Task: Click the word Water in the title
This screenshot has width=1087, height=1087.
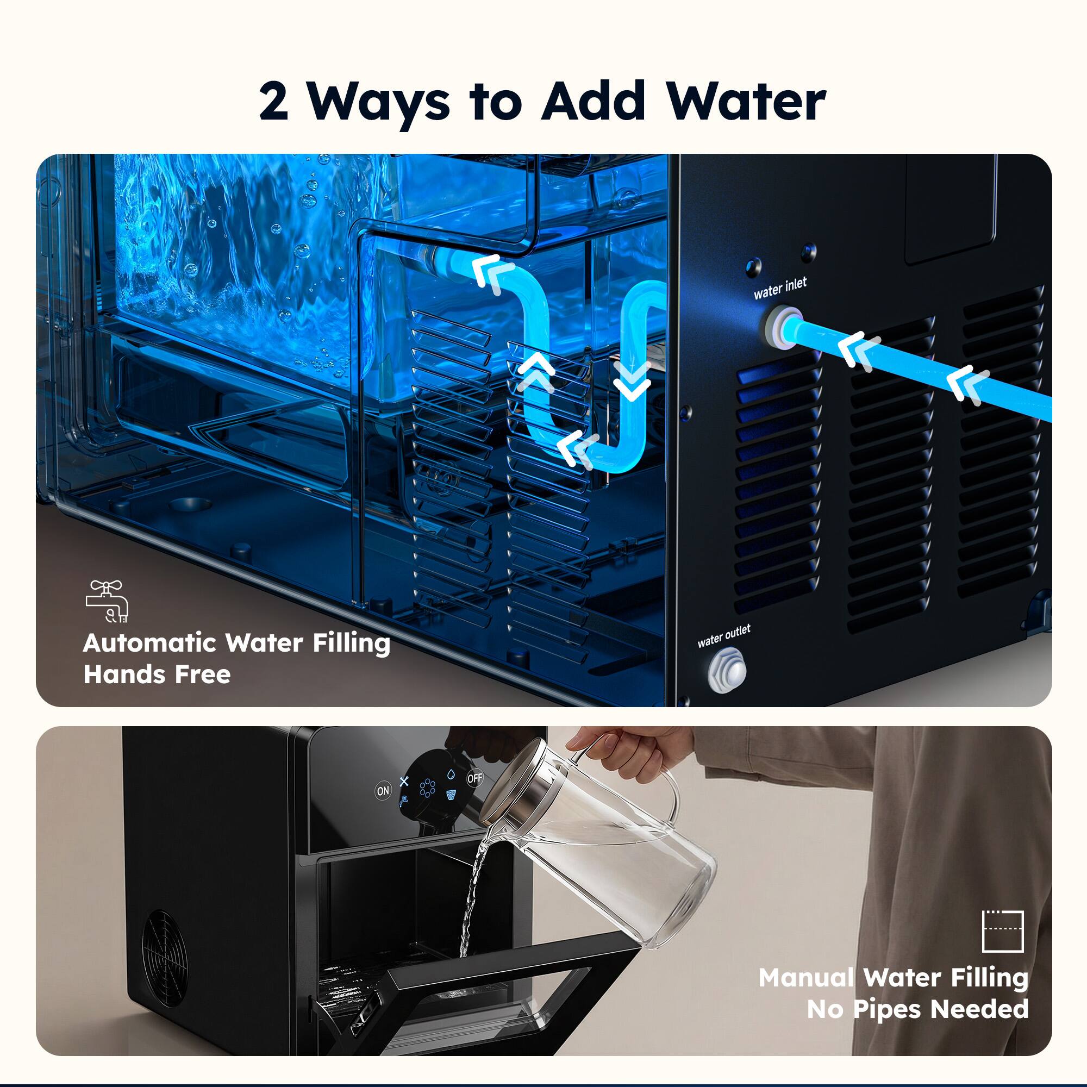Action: click(747, 102)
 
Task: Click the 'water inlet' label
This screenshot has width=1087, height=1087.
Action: click(780, 288)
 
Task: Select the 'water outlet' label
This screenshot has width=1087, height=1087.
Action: click(723, 636)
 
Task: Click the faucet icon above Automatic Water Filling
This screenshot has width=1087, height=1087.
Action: click(108, 602)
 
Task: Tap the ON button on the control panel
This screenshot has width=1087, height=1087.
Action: click(383, 790)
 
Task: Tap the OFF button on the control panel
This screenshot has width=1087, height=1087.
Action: click(475, 778)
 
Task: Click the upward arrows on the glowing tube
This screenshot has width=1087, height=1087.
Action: click(536, 372)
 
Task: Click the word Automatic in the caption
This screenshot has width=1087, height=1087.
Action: click(149, 643)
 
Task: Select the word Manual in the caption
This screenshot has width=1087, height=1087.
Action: click(806, 978)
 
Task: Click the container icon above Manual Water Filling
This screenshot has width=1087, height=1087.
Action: click(1002, 930)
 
